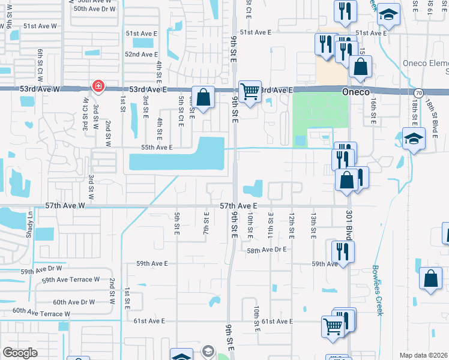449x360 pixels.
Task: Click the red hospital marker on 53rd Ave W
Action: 98,87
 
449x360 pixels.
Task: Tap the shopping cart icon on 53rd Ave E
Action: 250,92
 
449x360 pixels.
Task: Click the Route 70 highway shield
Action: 417,92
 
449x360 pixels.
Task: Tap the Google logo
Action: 20,353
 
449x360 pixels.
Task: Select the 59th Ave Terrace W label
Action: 70,280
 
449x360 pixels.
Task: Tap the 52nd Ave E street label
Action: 141,54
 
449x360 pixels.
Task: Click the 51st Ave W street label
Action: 40,27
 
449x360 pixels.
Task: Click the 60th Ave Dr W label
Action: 73,302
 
